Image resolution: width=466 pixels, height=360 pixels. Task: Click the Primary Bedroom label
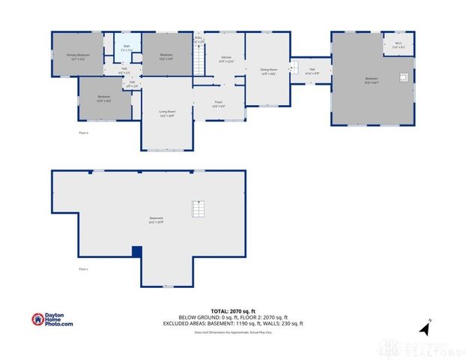77,56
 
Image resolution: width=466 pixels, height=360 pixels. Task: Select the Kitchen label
226,59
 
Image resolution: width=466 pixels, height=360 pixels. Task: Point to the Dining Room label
267,71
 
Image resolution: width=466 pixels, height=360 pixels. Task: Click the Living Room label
166,113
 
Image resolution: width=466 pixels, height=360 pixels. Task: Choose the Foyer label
219,103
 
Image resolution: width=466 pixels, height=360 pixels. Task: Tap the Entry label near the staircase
199,39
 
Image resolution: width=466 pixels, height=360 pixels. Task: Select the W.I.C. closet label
398,44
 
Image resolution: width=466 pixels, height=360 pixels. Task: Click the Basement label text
156,220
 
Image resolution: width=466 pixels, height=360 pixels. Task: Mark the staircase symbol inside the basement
198,208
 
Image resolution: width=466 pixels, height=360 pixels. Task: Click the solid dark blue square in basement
136,252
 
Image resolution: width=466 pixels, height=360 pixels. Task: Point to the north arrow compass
424,327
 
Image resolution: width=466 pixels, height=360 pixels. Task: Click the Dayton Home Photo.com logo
52,319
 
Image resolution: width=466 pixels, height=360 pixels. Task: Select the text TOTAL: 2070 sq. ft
233,310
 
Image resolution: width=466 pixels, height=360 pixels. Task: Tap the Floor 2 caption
84,133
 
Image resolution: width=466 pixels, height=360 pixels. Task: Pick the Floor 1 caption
84,268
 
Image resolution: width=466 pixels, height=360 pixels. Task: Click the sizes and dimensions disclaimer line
233,331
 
